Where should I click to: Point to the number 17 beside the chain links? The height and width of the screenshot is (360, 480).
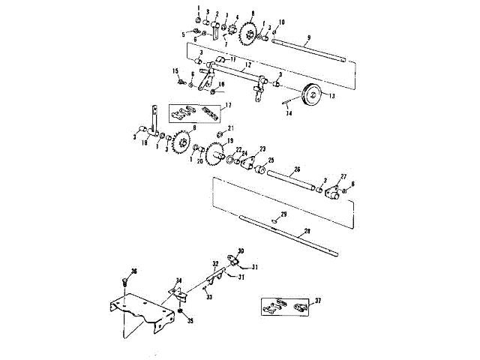227,106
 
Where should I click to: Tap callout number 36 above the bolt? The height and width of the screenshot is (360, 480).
134,271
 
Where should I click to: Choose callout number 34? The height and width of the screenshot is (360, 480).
178,281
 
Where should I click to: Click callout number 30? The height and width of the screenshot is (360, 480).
241,251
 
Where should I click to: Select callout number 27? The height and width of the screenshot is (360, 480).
344,175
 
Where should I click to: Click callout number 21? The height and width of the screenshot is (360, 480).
231,128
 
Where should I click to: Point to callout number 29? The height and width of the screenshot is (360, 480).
283,214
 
